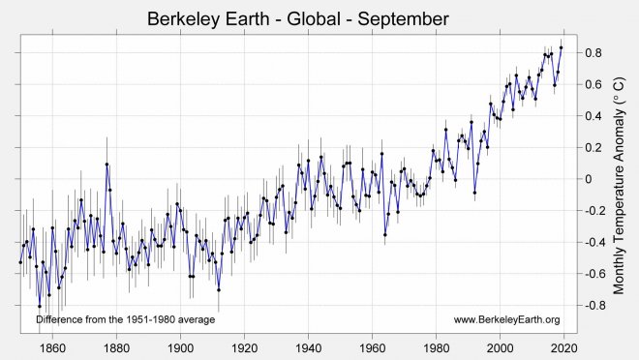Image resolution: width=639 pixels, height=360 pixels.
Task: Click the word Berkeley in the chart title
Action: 185,18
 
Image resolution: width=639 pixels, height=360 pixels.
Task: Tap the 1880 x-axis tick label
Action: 116,347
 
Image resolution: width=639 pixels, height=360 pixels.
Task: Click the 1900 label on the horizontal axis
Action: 180,347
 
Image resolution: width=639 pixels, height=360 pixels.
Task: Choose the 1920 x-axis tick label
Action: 244,347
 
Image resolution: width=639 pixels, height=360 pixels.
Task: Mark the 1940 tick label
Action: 308,347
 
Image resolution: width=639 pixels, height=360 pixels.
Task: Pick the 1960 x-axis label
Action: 372,347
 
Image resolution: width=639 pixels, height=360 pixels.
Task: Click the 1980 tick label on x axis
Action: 436,347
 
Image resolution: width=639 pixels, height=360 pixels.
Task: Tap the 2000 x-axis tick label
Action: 500,347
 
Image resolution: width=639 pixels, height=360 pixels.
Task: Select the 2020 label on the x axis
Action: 563,347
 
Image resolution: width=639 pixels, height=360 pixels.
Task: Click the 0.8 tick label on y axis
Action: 594,52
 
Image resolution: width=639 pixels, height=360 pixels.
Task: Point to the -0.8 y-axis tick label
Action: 593,306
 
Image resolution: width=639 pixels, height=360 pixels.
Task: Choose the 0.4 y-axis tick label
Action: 594,116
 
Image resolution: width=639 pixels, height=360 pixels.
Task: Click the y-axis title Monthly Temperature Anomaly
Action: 620,179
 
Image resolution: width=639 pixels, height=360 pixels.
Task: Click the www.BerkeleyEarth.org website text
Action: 506,319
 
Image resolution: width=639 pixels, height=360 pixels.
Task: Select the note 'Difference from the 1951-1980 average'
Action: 125,319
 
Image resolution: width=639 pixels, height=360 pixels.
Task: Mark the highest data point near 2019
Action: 561,47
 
